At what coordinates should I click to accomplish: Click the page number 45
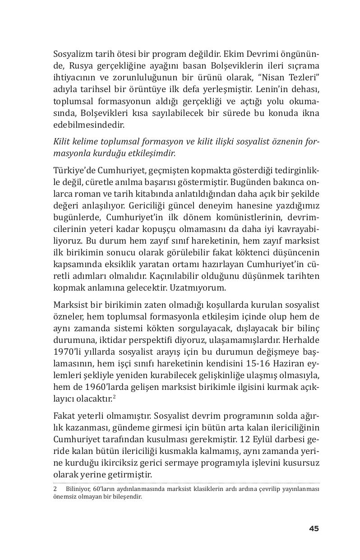point(314,528)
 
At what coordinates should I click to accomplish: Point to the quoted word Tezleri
point(304,77)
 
